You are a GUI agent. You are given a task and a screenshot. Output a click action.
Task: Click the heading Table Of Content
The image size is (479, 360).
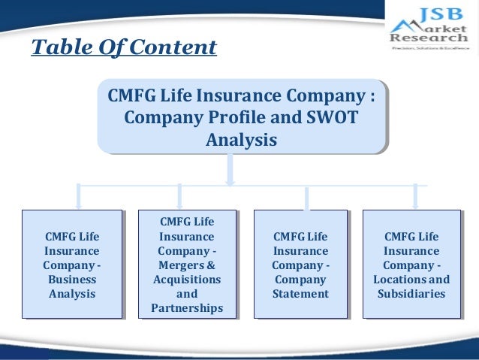[124, 48]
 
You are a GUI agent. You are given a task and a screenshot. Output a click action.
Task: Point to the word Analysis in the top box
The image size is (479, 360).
[241, 141]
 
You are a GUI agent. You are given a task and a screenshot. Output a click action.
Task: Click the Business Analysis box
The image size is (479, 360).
[72, 264]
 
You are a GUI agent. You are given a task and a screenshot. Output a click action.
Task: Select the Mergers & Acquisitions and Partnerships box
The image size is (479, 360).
[187, 264]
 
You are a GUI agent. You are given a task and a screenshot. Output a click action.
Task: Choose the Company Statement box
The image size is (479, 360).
[300, 264]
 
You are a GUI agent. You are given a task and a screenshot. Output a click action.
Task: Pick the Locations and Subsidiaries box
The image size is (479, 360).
[411, 264]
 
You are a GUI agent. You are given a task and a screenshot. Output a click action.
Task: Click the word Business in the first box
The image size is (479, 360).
[72, 279]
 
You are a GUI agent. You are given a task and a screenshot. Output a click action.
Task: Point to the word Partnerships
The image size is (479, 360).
[187, 308]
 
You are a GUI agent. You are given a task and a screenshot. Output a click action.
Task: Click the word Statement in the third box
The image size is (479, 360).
[300, 293]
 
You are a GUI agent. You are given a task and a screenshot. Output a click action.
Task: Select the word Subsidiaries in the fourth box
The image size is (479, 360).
[411, 293]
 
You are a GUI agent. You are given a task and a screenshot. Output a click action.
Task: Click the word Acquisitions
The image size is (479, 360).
[187, 279]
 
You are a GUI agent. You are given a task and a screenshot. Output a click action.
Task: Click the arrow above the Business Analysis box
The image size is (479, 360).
[78, 197]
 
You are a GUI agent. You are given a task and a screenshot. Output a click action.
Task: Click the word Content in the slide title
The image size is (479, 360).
[175, 48]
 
